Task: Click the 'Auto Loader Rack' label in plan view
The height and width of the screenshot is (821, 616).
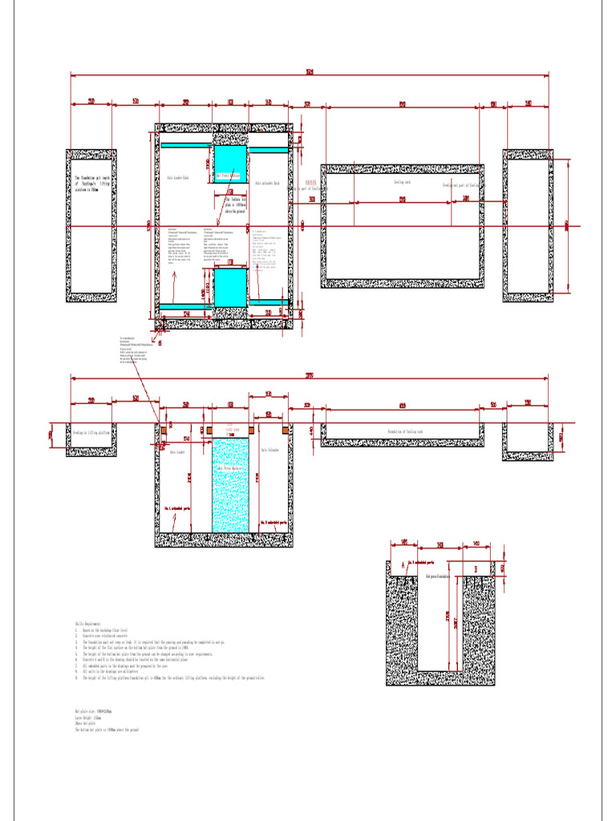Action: click(x=178, y=178)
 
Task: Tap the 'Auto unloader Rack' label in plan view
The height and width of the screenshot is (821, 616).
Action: click(x=267, y=184)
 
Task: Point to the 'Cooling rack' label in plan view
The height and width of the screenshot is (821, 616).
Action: click(x=401, y=182)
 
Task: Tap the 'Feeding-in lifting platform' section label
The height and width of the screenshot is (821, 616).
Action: click(x=90, y=432)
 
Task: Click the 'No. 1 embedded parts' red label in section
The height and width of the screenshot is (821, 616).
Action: click(x=176, y=508)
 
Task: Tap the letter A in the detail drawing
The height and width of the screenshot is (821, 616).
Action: click(x=402, y=565)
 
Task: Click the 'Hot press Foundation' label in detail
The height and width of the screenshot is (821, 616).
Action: click(x=443, y=576)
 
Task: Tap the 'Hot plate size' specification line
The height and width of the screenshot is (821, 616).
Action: click(x=93, y=710)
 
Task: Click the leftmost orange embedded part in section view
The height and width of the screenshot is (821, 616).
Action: click(x=163, y=430)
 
